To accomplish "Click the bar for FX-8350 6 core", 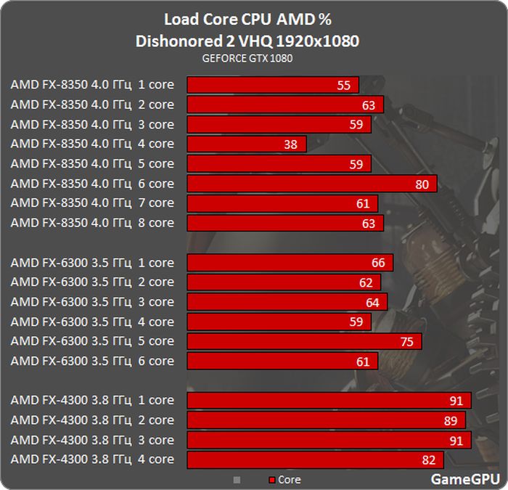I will click(x=312, y=184).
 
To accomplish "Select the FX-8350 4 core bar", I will click(x=247, y=144).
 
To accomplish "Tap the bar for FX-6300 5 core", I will click(x=304, y=341).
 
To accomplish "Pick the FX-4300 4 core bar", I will click(x=315, y=459).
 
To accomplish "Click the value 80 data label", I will click(x=422, y=184).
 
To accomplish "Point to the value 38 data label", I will click(x=291, y=144).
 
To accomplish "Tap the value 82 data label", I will click(x=429, y=459).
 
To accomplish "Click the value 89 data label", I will click(x=451, y=420).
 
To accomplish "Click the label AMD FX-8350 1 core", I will click(x=92, y=85).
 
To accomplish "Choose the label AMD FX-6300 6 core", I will click(x=92, y=361).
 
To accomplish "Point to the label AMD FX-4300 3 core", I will click(x=92, y=439).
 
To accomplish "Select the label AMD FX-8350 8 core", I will click(x=92, y=223).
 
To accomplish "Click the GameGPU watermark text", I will click(x=465, y=478).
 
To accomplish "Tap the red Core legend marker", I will click(x=272, y=480).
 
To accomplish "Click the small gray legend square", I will click(x=236, y=480).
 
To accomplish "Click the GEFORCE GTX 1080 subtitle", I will click(x=247, y=58).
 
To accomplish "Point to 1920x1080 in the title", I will click(x=318, y=41).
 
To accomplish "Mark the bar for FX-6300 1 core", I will click(x=290, y=262).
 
